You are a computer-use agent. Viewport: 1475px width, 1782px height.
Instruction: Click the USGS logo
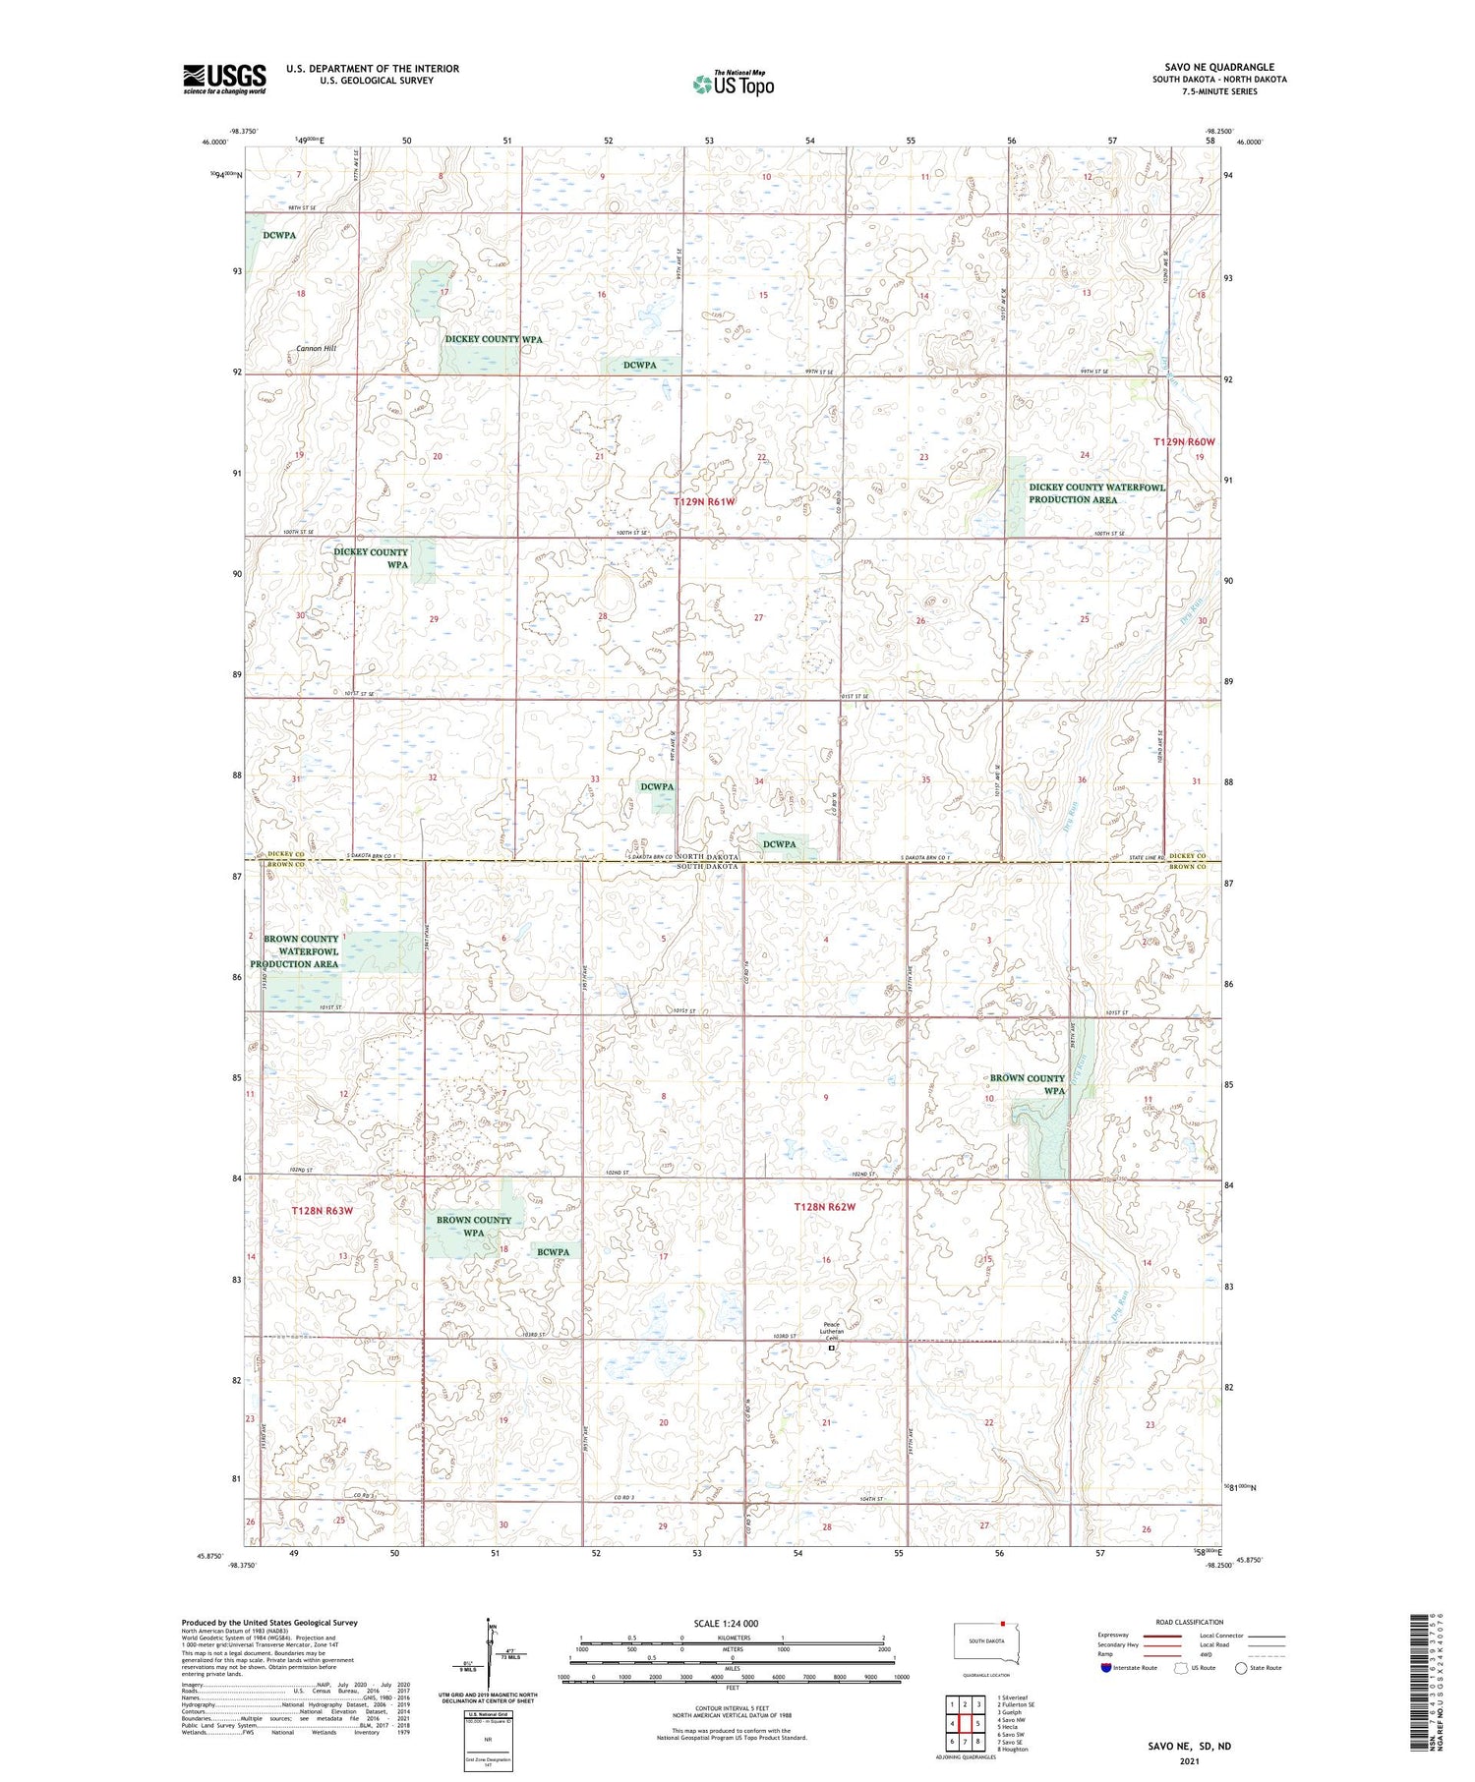click(224, 79)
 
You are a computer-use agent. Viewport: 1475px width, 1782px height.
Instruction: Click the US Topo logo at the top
click(733, 85)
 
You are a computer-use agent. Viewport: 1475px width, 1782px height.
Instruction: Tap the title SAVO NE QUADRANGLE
click(1219, 67)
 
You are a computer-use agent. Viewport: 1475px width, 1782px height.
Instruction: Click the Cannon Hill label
click(316, 349)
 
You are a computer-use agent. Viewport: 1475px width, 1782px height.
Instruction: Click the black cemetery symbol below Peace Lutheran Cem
click(831, 1350)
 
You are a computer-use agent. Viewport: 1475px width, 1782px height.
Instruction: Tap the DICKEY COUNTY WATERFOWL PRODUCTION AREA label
click(1095, 493)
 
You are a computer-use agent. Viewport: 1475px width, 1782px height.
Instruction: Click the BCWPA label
click(553, 1252)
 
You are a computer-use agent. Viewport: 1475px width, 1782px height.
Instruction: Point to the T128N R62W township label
click(824, 1207)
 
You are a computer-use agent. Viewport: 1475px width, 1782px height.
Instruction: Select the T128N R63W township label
click(322, 1211)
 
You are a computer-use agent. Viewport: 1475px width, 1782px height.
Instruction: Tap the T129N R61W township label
click(704, 502)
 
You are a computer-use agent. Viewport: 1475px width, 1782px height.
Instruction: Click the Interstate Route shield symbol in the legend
click(1106, 1668)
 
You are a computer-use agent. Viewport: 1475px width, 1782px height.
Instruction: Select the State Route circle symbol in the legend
click(1241, 1668)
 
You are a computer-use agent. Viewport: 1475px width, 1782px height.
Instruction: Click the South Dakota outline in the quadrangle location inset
click(987, 1643)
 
